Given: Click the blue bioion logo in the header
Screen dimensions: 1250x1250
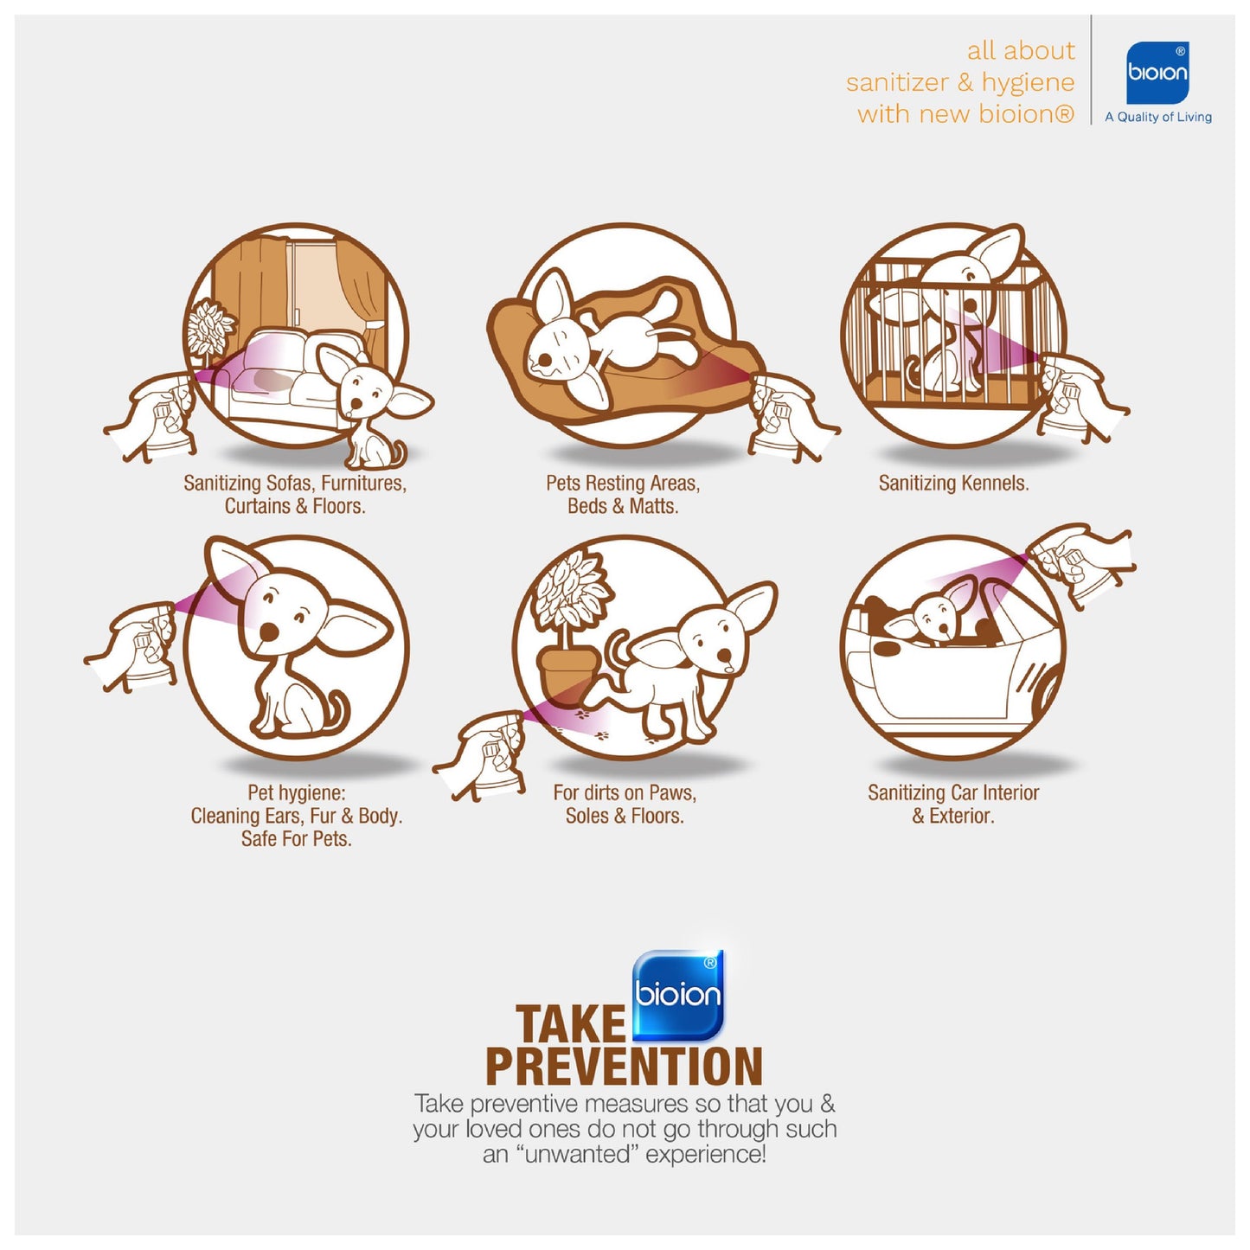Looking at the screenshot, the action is [x=1157, y=73].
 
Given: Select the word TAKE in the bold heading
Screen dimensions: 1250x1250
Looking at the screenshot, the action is [x=570, y=1023].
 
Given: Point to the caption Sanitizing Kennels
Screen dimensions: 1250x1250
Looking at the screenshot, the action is [x=953, y=484].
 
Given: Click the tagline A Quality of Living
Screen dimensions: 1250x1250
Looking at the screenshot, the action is [x=1158, y=117].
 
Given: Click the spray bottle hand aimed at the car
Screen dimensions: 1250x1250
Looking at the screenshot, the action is [x=1080, y=563].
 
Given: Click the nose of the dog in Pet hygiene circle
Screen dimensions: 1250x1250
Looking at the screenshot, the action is [x=268, y=632].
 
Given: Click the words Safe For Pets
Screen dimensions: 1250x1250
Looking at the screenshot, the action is [x=297, y=839].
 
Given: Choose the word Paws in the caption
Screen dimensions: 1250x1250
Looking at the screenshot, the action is [x=675, y=792].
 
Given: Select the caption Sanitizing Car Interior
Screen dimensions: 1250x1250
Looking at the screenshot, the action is [x=953, y=792].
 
